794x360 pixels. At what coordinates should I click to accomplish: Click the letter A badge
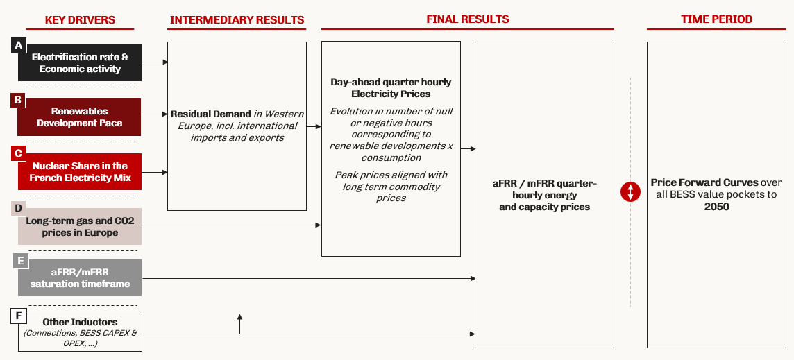19,46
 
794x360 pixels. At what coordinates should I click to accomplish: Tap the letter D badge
19,207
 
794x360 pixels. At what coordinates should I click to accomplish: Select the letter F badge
19,316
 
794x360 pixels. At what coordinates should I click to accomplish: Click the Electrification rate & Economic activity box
80,63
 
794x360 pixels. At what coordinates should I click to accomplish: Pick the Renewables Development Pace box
80,117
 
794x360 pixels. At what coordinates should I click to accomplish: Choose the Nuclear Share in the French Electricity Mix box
80,171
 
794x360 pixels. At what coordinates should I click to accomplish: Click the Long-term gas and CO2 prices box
80,226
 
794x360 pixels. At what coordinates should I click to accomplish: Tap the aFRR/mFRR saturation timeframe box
80,278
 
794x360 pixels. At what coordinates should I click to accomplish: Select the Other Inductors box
80,333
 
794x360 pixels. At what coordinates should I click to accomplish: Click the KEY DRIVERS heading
80,19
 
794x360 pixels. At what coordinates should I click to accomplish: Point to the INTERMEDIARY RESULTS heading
237,19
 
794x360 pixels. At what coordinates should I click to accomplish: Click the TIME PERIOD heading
716,19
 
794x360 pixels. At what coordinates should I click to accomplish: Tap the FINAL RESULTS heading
467,19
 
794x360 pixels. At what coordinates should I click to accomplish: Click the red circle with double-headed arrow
630,191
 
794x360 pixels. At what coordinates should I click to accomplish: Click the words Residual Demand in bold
211,114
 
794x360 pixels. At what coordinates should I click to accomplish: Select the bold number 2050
716,207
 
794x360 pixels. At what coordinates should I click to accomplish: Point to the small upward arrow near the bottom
239,323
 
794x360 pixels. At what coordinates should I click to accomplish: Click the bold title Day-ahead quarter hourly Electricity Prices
391,87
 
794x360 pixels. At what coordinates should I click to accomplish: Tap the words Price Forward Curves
705,182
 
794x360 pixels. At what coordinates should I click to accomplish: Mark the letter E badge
19,261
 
